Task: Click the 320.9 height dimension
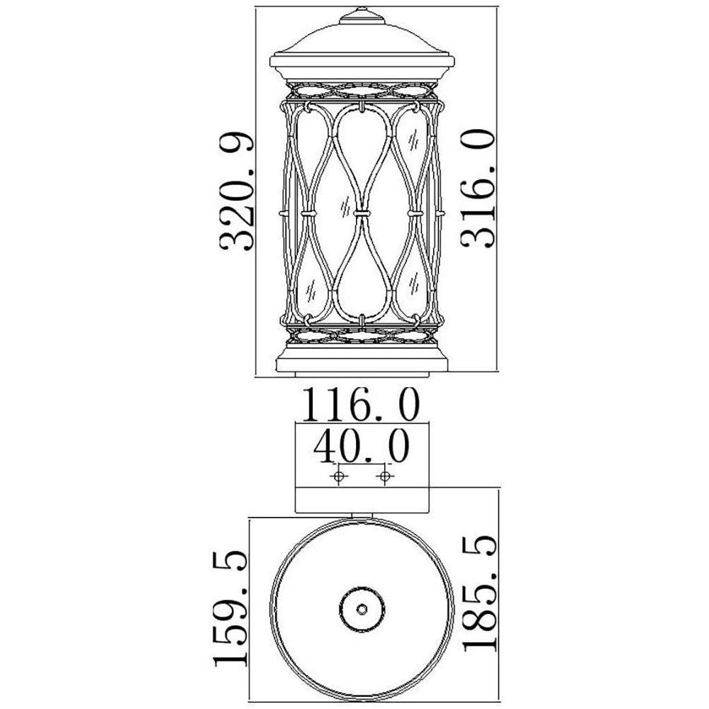(x=237, y=191)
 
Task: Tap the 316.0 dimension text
(x=477, y=188)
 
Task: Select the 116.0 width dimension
(x=361, y=405)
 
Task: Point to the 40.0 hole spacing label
(x=362, y=446)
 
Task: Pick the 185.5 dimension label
(x=479, y=593)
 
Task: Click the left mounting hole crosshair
(x=339, y=476)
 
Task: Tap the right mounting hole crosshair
(x=385, y=476)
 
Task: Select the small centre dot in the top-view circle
(x=362, y=610)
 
